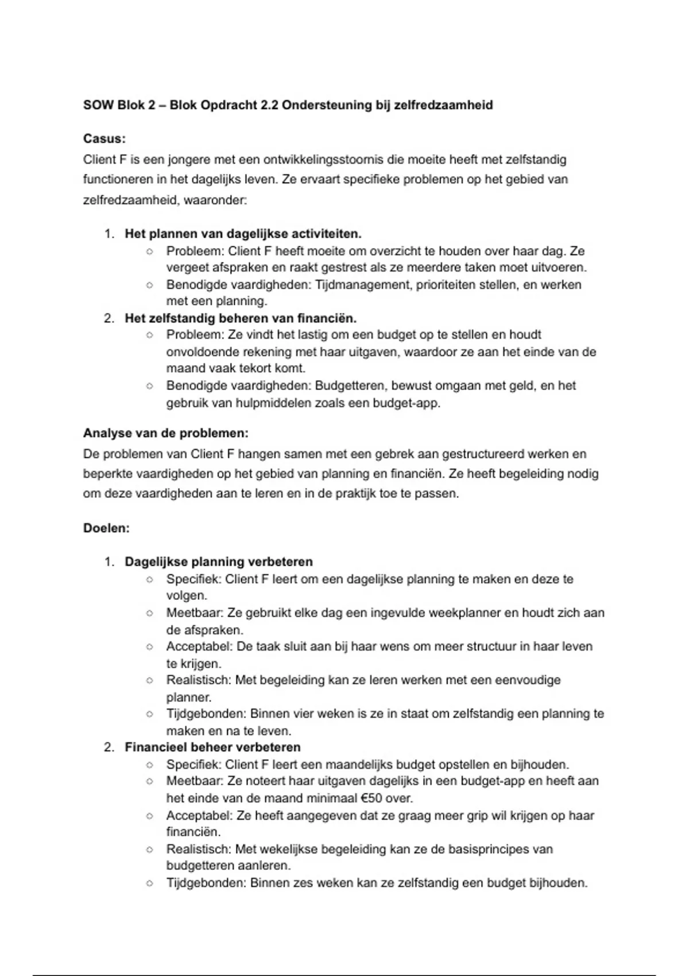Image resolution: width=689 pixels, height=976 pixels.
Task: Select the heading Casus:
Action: click(104, 138)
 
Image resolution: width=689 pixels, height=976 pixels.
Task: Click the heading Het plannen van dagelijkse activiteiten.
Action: click(243, 234)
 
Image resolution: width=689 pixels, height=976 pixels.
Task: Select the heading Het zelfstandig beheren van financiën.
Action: click(241, 318)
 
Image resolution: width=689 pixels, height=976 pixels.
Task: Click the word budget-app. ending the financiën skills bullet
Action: click(407, 403)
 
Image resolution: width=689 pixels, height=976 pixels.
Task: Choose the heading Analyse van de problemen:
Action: click(165, 433)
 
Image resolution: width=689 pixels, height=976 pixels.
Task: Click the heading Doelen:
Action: click(106, 528)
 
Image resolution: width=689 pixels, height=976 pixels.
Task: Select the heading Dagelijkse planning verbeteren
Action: click(219, 561)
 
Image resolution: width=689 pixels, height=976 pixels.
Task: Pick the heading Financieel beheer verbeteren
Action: click(212, 748)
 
